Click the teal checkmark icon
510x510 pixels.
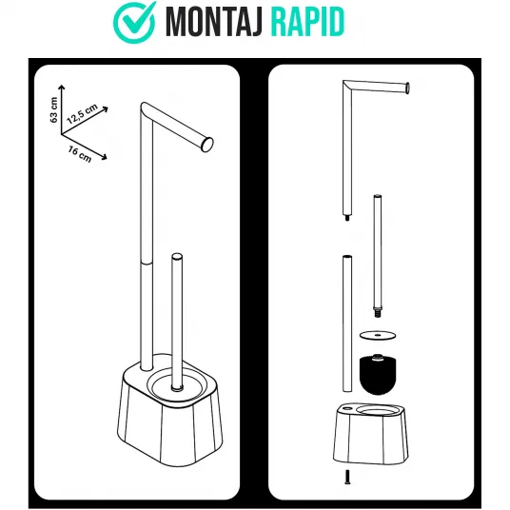point(133,22)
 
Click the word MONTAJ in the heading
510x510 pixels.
point(214,23)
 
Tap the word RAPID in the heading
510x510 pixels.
point(307,23)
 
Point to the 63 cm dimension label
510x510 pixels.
point(54,110)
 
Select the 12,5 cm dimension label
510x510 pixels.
point(82,114)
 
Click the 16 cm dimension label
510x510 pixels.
point(80,154)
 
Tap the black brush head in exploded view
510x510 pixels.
point(378,374)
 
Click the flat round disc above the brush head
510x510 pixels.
point(378,335)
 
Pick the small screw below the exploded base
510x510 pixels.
point(347,477)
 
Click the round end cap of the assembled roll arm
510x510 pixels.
point(207,145)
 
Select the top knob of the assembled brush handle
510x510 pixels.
point(177,256)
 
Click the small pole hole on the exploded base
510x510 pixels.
point(347,407)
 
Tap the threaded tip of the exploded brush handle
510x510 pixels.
point(377,313)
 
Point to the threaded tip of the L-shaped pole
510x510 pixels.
point(347,218)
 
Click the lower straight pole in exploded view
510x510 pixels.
point(347,324)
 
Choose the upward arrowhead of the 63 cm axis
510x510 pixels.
point(61,88)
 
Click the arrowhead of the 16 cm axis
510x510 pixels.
point(104,157)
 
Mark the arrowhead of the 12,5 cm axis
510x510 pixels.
point(105,109)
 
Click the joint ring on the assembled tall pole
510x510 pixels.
point(147,263)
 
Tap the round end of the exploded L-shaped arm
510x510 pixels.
point(407,88)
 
